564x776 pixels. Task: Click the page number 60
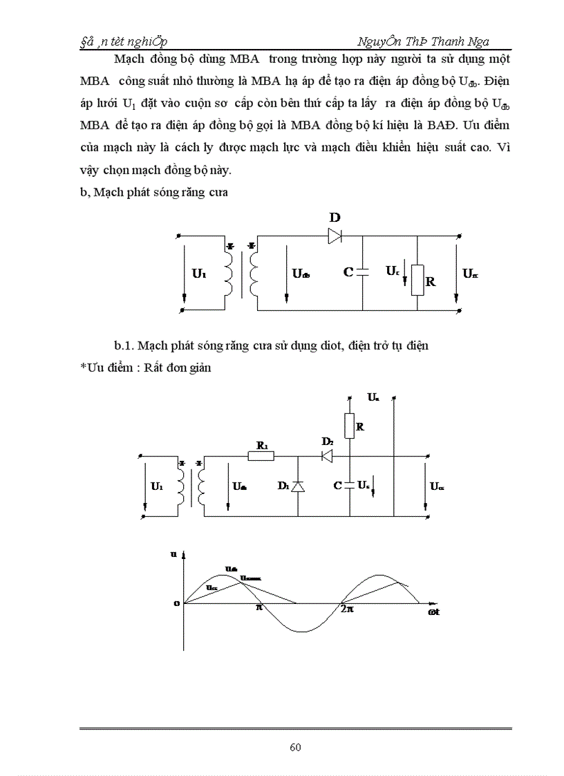pyautogui.click(x=294, y=747)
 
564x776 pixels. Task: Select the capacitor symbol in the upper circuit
pyautogui.click(x=363, y=272)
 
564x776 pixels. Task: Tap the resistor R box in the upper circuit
pyautogui.click(x=417, y=279)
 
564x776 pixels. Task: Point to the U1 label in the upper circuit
pyautogui.click(x=199, y=274)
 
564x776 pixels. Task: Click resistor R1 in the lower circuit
pyautogui.click(x=261, y=456)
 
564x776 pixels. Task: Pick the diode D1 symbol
pyautogui.click(x=298, y=486)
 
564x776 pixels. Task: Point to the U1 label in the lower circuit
pyautogui.click(x=157, y=486)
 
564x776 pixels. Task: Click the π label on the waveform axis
pyautogui.click(x=260, y=608)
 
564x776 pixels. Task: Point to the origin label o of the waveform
pyautogui.click(x=177, y=603)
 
